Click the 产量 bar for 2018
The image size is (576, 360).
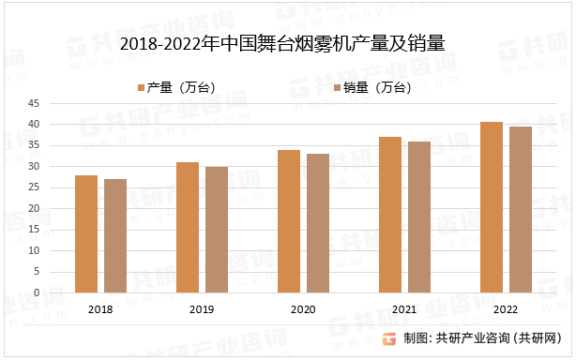click(x=86, y=234)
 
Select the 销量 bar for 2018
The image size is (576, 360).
click(x=115, y=236)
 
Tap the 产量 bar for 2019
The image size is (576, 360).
click(x=188, y=228)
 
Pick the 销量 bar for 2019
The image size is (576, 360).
click(x=217, y=230)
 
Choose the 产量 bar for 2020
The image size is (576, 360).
click(x=289, y=221)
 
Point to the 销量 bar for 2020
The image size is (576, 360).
click(x=318, y=223)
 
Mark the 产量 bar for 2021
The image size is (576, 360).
click(x=390, y=215)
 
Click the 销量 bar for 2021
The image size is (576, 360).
click(x=419, y=217)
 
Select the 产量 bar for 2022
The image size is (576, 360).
click(x=492, y=207)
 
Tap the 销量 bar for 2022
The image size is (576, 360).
click(x=521, y=210)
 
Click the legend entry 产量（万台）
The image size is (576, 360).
click(x=176, y=87)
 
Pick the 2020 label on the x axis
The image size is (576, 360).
click(x=303, y=307)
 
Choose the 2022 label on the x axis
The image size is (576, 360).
click(x=506, y=307)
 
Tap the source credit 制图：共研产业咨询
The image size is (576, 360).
click(x=482, y=338)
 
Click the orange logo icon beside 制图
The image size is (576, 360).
click(x=387, y=338)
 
